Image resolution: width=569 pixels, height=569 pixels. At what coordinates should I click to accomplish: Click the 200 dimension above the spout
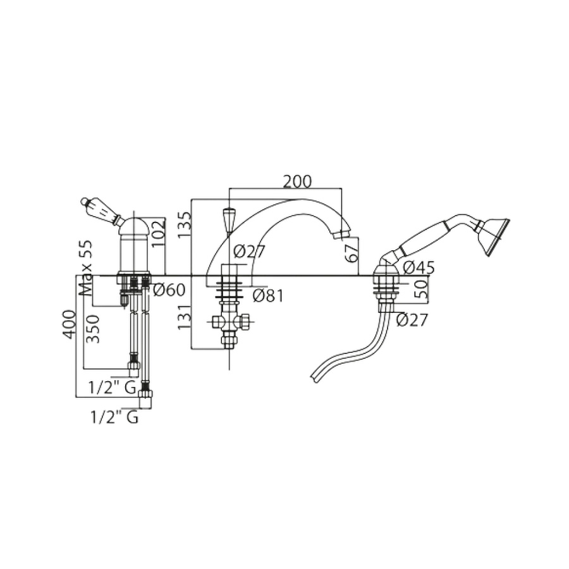click(297, 181)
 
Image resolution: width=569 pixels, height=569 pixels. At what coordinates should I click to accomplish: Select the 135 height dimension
click(185, 225)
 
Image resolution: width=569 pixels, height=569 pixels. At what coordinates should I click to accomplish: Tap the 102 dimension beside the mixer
click(158, 233)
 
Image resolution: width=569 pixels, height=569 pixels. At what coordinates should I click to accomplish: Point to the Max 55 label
click(85, 268)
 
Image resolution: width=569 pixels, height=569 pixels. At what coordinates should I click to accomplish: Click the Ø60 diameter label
click(169, 290)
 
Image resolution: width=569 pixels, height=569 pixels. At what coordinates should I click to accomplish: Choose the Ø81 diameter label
click(268, 296)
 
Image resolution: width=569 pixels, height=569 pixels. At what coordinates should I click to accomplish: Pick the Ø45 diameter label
click(419, 268)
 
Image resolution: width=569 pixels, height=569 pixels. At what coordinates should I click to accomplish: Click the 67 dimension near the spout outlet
click(352, 254)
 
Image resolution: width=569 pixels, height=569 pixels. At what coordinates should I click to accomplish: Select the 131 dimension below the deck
click(185, 317)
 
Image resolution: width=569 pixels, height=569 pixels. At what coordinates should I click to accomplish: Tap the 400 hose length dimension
click(70, 324)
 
